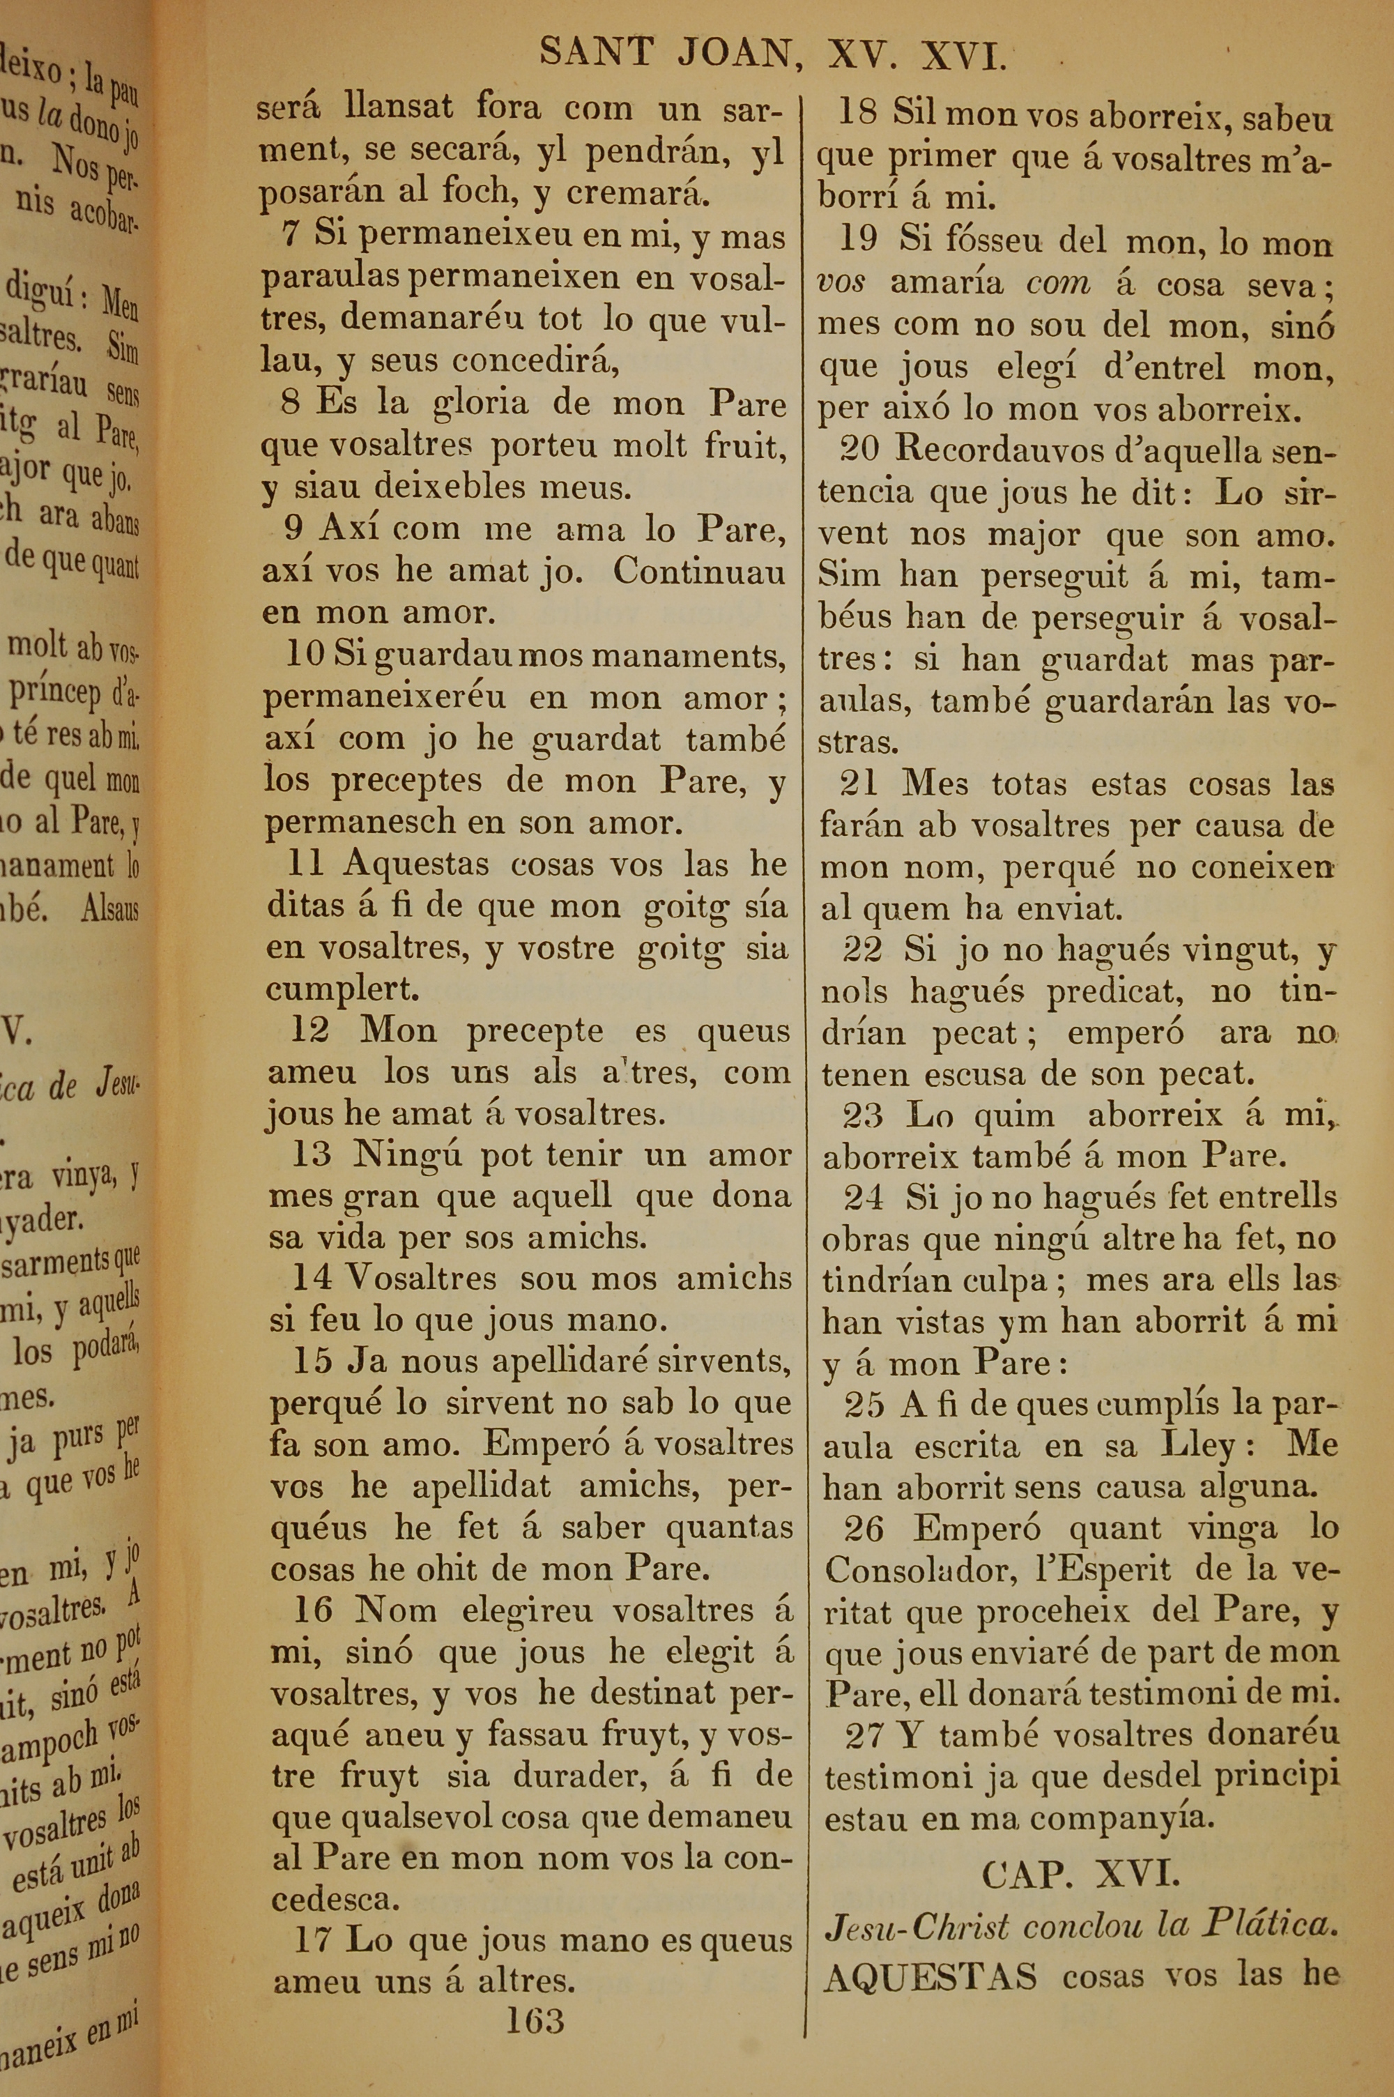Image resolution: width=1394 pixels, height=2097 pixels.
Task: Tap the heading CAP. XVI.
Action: [1080, 1875]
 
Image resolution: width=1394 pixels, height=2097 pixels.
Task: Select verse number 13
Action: [311, 1154]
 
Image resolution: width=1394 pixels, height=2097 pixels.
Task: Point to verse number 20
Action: [858, 449]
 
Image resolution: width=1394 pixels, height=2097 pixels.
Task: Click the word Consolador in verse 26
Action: [920, 1570]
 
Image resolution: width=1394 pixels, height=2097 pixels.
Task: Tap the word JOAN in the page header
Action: [733, 56]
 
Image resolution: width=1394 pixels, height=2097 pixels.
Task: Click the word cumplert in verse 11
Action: [342, 989]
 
